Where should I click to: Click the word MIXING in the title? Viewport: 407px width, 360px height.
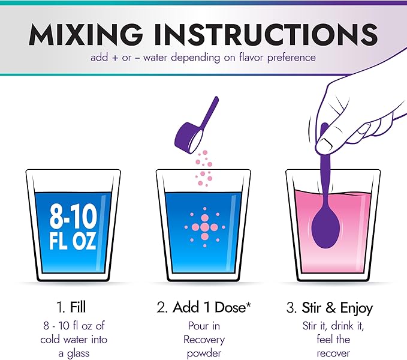point(86,35)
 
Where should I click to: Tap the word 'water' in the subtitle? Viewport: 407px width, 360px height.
point(155,58)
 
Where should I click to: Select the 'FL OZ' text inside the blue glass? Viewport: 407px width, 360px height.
point(73,241)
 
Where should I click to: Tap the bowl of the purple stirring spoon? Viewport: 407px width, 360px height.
point(325,230)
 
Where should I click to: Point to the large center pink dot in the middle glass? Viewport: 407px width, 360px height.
point(205,227)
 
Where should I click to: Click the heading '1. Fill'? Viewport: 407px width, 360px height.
point(71,307)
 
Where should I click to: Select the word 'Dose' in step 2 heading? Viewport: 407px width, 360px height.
point(230,307)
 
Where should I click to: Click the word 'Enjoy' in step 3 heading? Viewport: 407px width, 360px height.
point(357,308)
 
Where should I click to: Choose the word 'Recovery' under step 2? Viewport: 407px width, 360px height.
point(204,340)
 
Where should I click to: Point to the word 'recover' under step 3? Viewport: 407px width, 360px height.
point(333,353)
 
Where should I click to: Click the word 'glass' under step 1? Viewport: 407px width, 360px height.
point(78,354)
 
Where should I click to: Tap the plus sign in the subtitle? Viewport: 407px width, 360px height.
point(115,58)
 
